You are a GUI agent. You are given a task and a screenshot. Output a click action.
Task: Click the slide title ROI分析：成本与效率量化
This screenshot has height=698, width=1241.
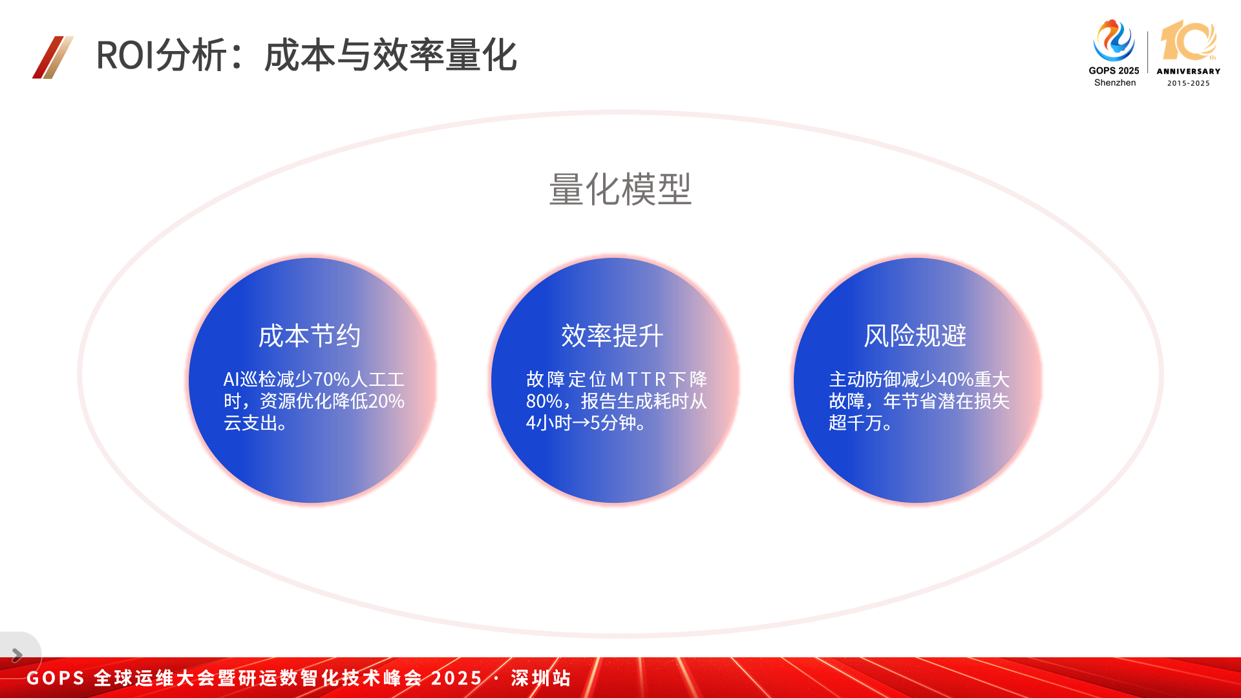[x=306, y=55]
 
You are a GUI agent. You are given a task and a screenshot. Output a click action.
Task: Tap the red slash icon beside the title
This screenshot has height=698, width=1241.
[x=53, y=57]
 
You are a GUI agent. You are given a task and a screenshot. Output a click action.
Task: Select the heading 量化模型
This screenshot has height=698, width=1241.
[x=620, y=189]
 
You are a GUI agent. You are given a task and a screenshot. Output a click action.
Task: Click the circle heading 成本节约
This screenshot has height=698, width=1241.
[x=310, y=336]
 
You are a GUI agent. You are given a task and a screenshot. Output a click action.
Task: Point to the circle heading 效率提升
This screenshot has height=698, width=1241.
[x=612, y=336]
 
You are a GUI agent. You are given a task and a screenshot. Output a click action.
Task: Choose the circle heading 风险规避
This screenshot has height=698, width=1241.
[x=915, y=336]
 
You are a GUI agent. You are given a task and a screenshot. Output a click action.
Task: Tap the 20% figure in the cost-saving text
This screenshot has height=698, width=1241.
[x=387, y=401]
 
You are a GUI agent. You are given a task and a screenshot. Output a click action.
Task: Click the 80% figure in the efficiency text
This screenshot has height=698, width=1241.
[x=544, y=401]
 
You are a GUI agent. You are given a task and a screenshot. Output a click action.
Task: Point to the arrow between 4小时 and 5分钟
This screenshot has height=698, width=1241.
[x=581, y=423]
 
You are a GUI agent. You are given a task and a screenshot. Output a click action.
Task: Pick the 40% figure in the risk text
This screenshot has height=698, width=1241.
[x=955, y=379]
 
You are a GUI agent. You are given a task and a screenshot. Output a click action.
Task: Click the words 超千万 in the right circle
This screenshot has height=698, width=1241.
[x=856, y=423]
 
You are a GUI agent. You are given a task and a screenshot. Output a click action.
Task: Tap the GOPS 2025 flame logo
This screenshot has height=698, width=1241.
[x=1114, y=41]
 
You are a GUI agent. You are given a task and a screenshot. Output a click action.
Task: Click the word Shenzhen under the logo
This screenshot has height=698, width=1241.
[x=1115, y=83]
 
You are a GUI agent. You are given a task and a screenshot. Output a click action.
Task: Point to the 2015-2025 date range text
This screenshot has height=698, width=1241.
[x=1188, y=83]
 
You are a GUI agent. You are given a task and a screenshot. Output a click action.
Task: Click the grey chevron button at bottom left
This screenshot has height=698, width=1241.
[x=17, y=655]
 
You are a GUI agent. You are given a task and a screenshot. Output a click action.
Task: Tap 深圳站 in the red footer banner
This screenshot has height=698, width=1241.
[x=541, y=678]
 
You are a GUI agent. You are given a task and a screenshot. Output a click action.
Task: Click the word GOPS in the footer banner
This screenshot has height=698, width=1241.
[x=56, y=678]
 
